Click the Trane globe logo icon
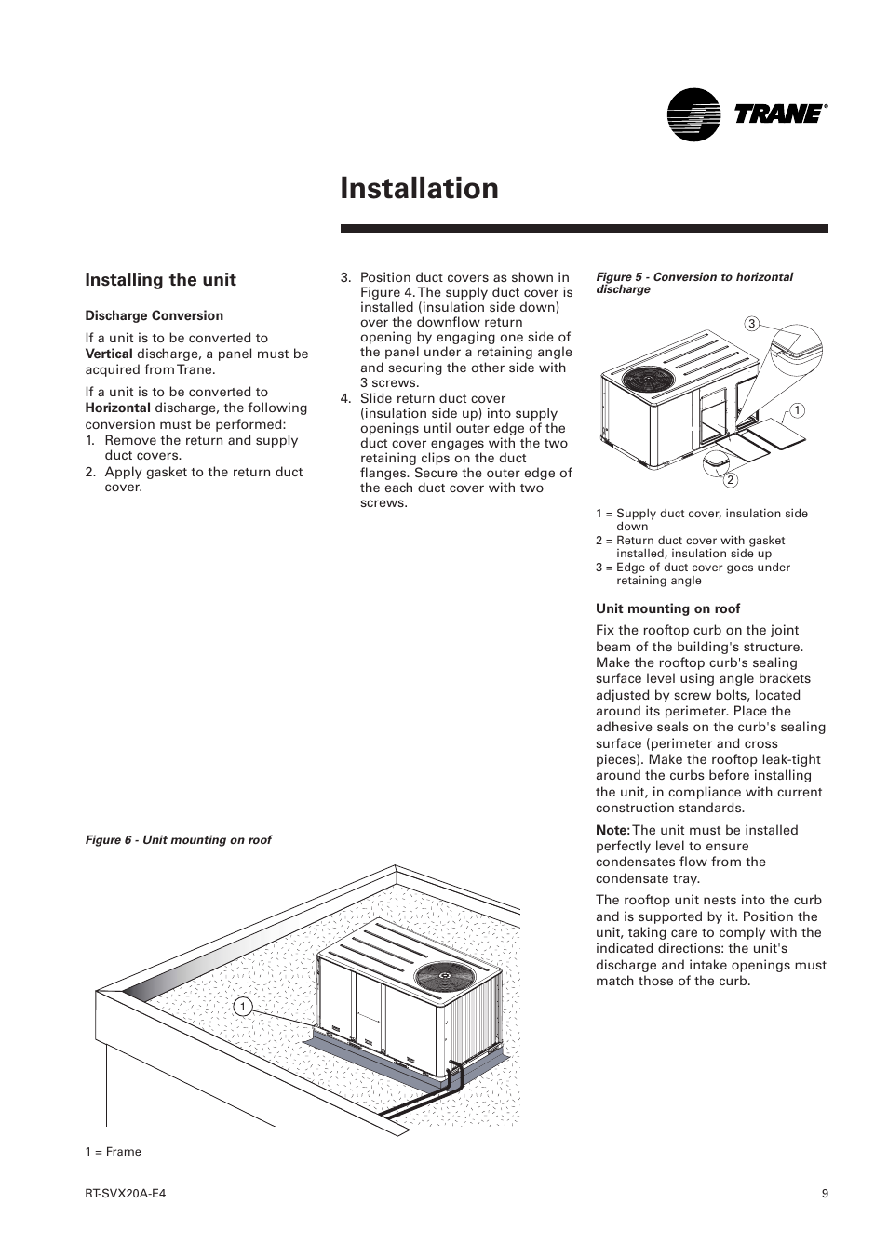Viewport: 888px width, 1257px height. click(693, 114)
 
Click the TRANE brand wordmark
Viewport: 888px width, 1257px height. click(779, 114)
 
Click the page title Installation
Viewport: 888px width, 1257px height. click(419, 188)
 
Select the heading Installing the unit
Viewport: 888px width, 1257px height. click(160, 280)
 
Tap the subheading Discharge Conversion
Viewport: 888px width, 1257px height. click(154, 316)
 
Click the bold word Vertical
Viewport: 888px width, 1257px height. click(109, 354)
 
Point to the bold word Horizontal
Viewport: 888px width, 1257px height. click(117, 408)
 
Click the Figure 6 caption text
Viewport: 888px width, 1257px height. click(178, 840)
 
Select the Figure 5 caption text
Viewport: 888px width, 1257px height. click(693, 283)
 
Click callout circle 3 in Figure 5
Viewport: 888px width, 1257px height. click(752, 324)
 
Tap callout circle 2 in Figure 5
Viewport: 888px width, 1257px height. click(731, 480)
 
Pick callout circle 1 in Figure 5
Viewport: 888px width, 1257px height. click(797, 410)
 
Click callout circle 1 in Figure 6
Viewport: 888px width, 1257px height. click(242, 1007)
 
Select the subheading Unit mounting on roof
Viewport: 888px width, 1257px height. click(667, 609)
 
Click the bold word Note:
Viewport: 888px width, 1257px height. click(612, 831)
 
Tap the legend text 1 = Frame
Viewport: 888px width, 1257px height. click(114, 1152)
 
